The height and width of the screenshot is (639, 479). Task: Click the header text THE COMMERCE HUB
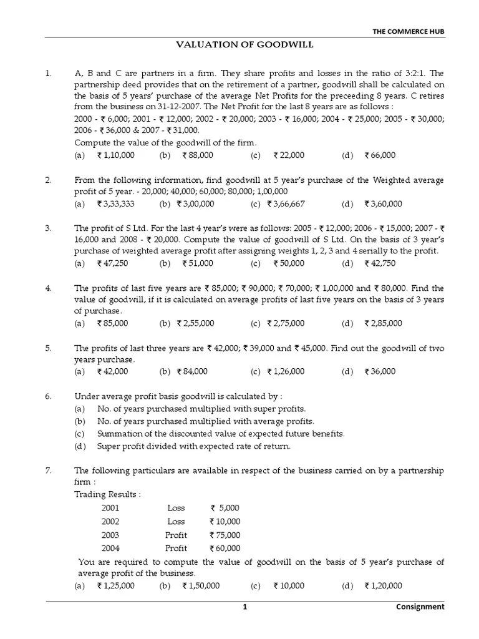click(408, 31)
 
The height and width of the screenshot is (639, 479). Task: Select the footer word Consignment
click(420, 607)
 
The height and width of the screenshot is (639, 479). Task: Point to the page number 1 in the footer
click(245, 607)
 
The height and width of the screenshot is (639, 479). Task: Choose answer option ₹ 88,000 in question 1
click(198, 155)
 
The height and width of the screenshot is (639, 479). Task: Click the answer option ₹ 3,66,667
click(286, 203)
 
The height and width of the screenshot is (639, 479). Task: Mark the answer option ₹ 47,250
click(112, 263)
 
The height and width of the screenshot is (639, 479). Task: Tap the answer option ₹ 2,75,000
click(286, 323)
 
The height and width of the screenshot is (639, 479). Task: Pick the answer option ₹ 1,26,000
click(286, 371)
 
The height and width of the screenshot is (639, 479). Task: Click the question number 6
click(48, 396)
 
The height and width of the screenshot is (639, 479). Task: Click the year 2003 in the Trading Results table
click(110, 535)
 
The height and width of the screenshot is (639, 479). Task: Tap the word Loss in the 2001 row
click(177, 508)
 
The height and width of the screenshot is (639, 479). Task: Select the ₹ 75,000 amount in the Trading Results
click(225, 535)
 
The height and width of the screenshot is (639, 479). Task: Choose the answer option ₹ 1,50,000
click(200, 585)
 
